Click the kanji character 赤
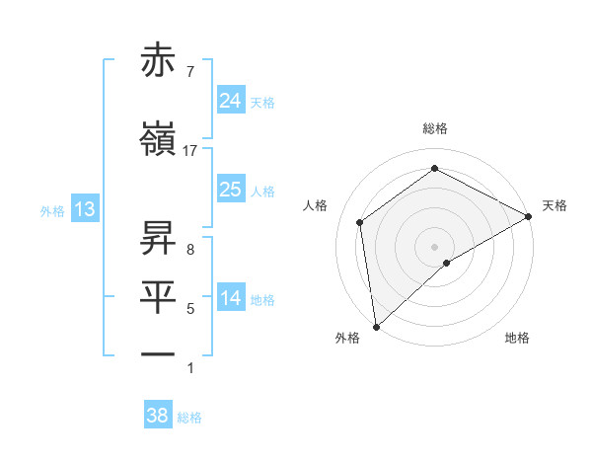pyautogui.click(x=159, y=61)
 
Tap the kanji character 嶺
pyautogui.click(x=159, y=140)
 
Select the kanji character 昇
pyautogui.click(x=159, y=237)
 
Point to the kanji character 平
pyautogui.click(x=159, y=295)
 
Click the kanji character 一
pyautogui.click(x=159, y=352)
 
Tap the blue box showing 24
pyautogui.click(x=230, y=100)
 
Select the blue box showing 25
pyautogui.click(x=230, y=189)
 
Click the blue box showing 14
pyautogui.click(x=230, y=297)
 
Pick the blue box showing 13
pyautogui.click(x=85, y=208)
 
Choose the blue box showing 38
pyautogui.click(x=158, y=416)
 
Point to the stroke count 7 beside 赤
pyautogui.click(x=189, y=72)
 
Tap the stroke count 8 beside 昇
pyautogui.click(x=189, y=249)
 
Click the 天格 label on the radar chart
pyautogui.click(x=555, y=205)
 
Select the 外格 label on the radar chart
pyautogui.click(x=347, y=338)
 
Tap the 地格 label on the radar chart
pyautogui.click(x=517, y=338)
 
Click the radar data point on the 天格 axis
pyautogui.click(x=529, y=215)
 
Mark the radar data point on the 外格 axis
pyautogui.click(x=376, y=326)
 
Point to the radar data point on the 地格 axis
pyautogui.click(x=447, y=263)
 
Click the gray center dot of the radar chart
pyautogui.click(x=434, y=246)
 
